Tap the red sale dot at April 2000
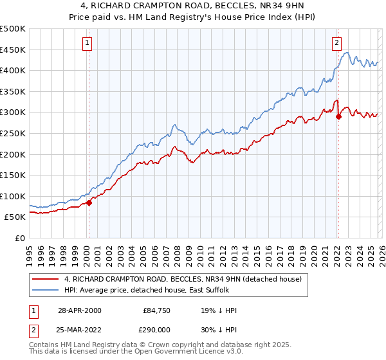pos(89,203)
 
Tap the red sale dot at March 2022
pos(338,116)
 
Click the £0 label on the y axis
pos(21,238)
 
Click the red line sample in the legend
pos(46,279)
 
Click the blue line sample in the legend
pos(46,291)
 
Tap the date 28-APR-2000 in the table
pos(79,310)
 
